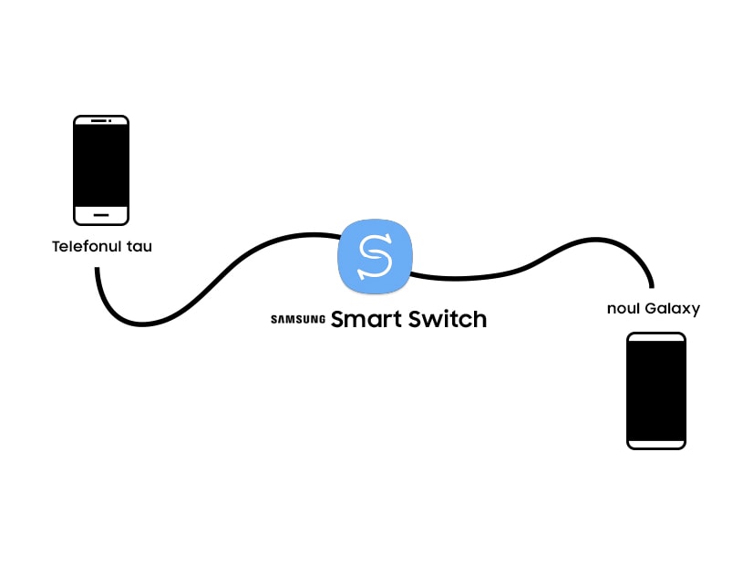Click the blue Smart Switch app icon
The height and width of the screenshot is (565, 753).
pos(375,256)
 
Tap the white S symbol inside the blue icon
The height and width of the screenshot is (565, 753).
pos(375,256)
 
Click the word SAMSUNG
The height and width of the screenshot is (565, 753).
pos(298,319)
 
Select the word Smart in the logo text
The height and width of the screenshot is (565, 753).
pos(366,319)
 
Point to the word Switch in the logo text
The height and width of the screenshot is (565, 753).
pos(448,319)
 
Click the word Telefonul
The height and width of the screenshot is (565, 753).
pos(86,246)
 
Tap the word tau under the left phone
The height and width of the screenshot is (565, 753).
pos(139,247)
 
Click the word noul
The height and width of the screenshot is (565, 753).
pos(624,308)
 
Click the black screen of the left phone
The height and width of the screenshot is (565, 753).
pos(101,166)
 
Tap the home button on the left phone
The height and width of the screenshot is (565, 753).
pos(101,215)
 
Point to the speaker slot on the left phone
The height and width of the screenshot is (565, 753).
pos(98,120)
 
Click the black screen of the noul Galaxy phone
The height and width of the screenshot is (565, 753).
pos(656,391)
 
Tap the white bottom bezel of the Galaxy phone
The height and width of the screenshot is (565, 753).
pos(656,445)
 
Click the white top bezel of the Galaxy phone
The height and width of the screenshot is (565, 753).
pos(656,337)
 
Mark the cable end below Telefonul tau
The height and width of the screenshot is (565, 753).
pos(97,269)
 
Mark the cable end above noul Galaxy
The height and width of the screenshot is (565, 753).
pos(652,286)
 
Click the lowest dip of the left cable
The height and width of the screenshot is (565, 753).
pos(142,325)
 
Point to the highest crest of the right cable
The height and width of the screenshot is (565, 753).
pos(595,239)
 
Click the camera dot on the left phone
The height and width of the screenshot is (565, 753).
pos(110,120)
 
